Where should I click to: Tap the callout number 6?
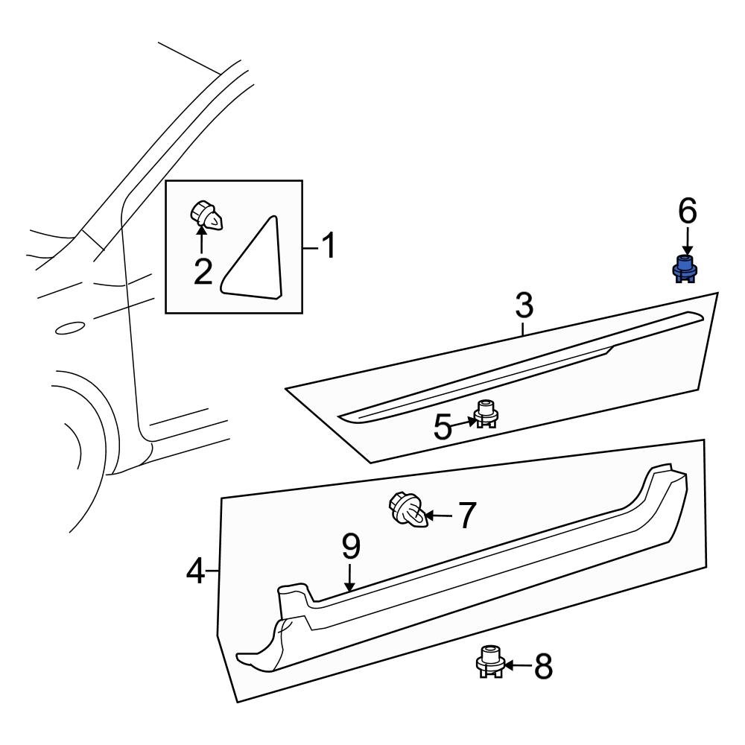687,212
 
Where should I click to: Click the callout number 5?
443,428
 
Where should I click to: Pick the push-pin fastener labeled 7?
408,510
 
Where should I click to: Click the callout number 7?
466,516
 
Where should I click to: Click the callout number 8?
544,667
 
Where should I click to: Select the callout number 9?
350,548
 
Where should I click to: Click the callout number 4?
195,572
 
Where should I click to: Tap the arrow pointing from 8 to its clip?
519,665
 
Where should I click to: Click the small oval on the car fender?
70,327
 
